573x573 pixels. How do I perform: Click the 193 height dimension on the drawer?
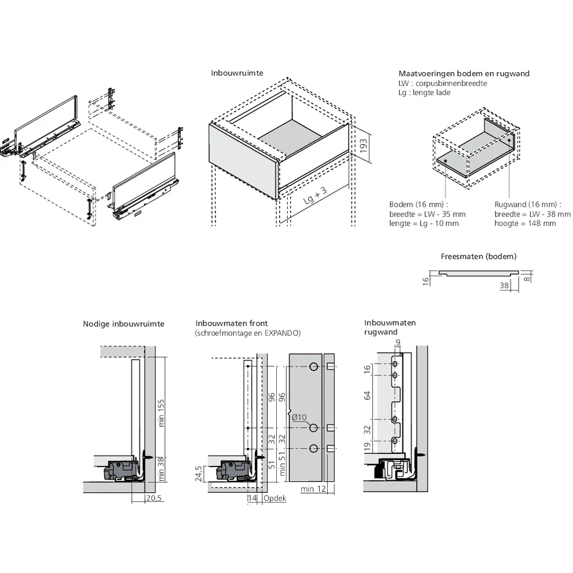click(x=363, y=147)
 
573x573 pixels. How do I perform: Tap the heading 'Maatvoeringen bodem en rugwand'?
click(x=464, y=73)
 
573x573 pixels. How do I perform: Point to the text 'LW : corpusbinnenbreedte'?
click(x=442, y=83)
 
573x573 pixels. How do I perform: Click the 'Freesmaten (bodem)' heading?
click(x=478, y=256)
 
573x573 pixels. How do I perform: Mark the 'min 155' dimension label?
click(x=162, y=413)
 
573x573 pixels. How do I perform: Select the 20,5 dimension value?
click(x=155, y=499)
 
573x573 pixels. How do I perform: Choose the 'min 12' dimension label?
click(x=313, y=489)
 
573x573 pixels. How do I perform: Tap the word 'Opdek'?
click(x=274, y=499)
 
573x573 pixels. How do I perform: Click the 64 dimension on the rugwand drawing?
click(x=368, y=395)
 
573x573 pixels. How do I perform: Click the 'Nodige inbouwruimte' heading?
click(x=123, y=324)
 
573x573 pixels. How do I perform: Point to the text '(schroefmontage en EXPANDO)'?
click(x=248, y=333)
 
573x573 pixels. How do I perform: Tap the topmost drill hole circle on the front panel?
click(x=313, y=367)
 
